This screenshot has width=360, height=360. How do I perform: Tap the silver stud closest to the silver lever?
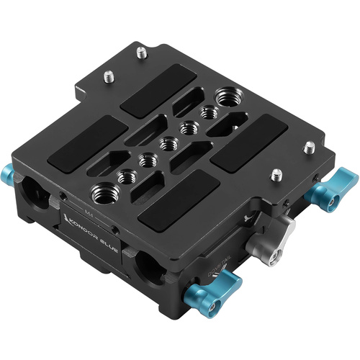(x=276, y=174)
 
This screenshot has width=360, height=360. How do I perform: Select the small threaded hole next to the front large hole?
(x=127, y=174)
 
